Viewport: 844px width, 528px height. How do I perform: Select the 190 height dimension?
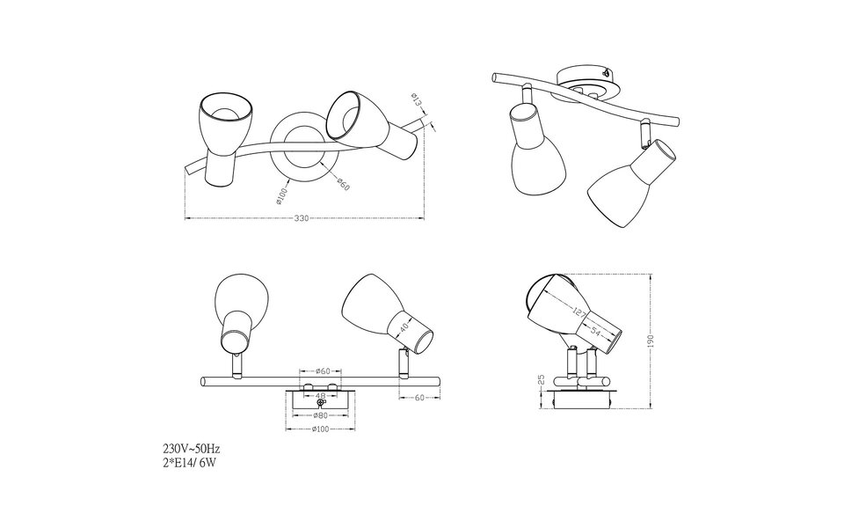(x=651, y=341)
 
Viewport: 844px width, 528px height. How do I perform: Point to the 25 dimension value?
(x=542, y=385)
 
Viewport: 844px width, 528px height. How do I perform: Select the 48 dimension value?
(x=320, y=396)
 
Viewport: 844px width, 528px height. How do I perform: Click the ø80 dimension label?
(x=320, y=415)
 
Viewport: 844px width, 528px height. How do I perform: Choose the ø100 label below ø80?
(x=320, y=429)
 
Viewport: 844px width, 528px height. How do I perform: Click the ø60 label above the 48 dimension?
(x=320, y=371)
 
